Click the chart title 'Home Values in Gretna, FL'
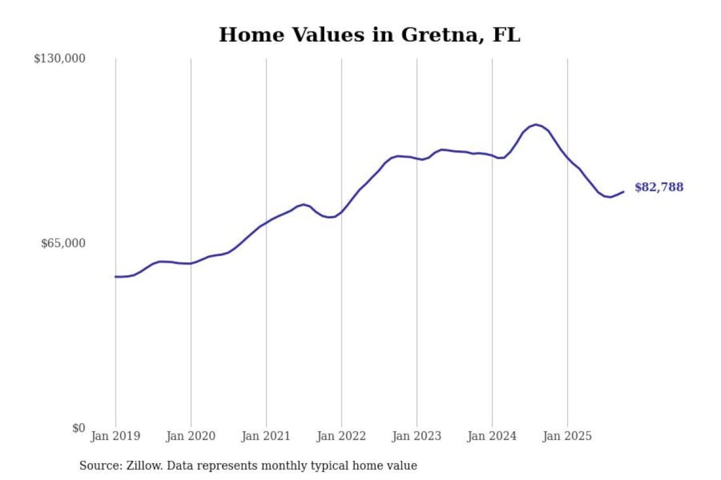point(370,35)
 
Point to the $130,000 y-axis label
point(60,58)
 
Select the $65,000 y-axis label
point(63,243)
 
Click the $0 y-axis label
point(79,428)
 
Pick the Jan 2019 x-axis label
point(115,436)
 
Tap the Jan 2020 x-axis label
point(191,436)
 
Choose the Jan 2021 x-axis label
point(266,436)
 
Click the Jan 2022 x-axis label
point(341,436)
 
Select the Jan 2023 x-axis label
point(417,436)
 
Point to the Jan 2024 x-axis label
point(492,436)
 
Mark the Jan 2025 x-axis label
point(567,436)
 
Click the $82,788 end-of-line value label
point(659,187)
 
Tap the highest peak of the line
point(536,124)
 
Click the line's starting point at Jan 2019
point(116,276)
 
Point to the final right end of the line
point(623,192)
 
